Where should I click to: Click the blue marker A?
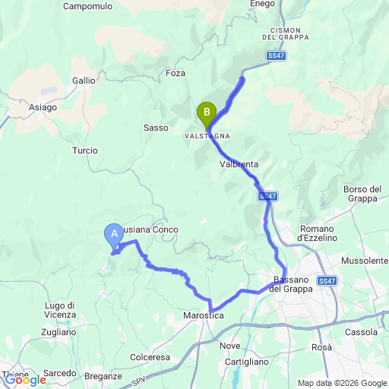[114, 234]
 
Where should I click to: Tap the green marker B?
[206, 113]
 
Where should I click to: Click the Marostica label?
[202, 315]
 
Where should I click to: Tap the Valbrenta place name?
[239, 164]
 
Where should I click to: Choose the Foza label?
[176, 73]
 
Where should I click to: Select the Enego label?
[263, 5]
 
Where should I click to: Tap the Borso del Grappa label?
[360, 194]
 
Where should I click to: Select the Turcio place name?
[85, 150]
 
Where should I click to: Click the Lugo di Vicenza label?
[60, 310]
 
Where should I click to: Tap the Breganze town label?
[104, 376]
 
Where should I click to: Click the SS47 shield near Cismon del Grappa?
[277, 55]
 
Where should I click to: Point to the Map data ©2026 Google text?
[342, 383]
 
